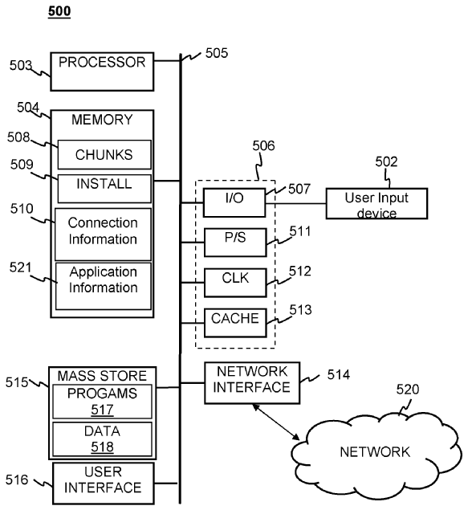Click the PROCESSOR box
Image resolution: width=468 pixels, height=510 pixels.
(102, 71)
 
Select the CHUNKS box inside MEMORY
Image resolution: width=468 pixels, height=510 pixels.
(104, 154)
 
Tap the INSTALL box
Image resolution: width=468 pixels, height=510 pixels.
(104, 189)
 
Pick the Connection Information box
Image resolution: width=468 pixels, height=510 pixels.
(103, 235)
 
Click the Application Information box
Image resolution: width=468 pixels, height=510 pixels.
(104, 286)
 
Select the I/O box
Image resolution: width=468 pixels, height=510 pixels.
(234, 202)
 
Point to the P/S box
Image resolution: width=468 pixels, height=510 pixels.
(235, 243)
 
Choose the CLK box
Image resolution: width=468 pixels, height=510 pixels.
(235, 283)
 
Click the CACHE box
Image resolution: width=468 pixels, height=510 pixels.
(235, 323)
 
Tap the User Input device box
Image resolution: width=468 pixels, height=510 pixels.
(376, 204)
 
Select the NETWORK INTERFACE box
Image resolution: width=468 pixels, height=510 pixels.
(252, 383)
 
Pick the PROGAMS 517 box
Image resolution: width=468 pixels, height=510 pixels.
(102, 402)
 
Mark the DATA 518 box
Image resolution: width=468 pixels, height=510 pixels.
(102, 439)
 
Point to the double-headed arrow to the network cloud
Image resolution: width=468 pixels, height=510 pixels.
(276, 422)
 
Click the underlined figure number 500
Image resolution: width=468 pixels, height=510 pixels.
(59, 12)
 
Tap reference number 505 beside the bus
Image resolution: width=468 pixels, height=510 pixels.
(217, 53)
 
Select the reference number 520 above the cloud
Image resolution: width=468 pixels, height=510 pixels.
(408, 390)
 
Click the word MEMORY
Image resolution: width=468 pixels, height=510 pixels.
(102, 120)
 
